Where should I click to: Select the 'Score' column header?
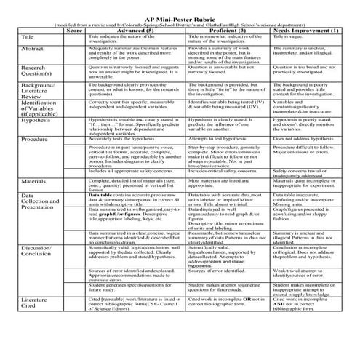click(74, 31)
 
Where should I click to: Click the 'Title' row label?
click(29, 37)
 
